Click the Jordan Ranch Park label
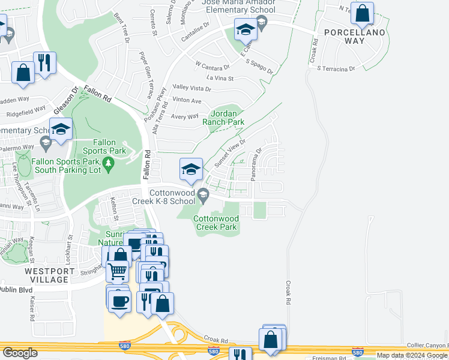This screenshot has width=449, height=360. coord(227,118)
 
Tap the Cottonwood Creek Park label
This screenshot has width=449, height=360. coord(216,223)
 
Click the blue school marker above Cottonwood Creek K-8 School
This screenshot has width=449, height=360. coord(191,170)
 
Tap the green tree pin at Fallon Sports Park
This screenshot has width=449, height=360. coord(108,163)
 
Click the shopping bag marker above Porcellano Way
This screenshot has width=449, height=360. coord(363,14)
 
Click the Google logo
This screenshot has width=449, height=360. coord(20,353)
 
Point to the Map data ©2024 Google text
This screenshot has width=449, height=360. coord(412,355)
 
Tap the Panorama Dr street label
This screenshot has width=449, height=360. coord(255,163)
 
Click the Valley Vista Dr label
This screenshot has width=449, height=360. coord(191,89)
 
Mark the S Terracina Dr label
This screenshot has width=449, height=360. coord(336,69)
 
